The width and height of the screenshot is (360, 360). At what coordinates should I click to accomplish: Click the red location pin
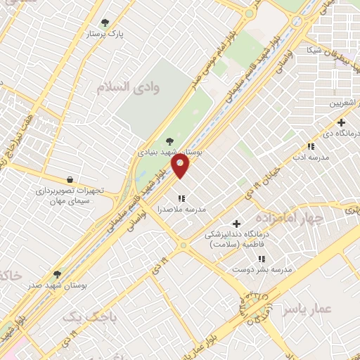tap(181, 167)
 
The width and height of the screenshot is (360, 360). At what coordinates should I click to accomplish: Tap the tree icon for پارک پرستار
tap(105, 22)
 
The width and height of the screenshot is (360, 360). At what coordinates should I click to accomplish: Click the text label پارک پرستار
tap(105, 34)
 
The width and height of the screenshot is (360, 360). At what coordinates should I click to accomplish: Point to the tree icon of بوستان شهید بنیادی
tap(167, 140)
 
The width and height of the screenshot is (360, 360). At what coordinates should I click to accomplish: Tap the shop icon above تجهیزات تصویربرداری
tap(69, 179)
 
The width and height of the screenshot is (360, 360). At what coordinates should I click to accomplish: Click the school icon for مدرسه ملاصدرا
tap(181, 198)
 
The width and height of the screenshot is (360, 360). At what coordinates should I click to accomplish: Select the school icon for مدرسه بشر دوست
tap(262, 259)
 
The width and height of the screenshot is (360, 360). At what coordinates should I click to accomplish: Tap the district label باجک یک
tap(89, 318)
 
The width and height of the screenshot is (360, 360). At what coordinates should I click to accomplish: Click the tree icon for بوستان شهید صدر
tap(57, 274)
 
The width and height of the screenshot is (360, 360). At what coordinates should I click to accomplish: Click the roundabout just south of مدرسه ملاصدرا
tap(183, 245)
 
